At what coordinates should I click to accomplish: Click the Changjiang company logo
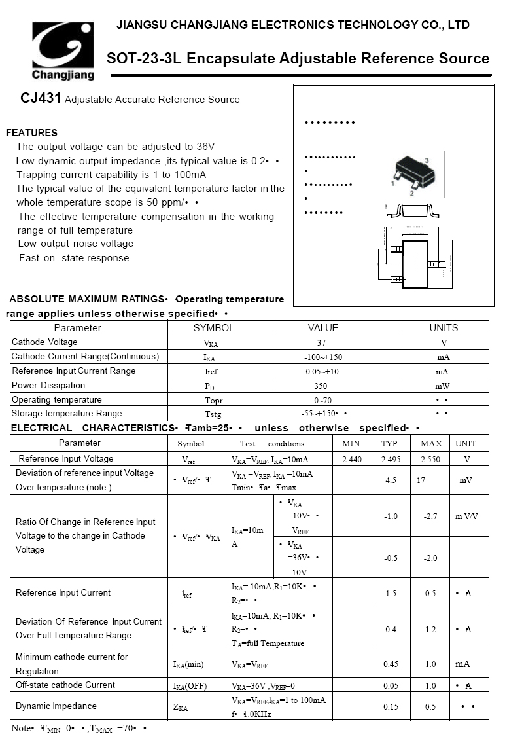(63, 50)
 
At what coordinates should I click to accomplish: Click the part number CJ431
(41, 99)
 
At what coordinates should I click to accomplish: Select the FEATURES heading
(31, 133)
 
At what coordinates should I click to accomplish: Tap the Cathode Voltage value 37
(321, 343)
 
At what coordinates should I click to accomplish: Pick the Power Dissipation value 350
(321, 386)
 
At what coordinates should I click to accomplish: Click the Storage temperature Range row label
(67, 414)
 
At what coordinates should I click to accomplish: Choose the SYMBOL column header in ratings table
(213, 328)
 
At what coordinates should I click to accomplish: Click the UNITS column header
(444, 328)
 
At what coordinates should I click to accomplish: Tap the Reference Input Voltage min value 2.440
(352, 460)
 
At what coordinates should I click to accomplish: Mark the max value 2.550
(430, 460)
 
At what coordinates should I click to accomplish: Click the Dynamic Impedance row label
(56, 706)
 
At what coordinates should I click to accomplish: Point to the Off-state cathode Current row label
(65, 685)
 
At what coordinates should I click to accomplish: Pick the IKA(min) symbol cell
(188, 664)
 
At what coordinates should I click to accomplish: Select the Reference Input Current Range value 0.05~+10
(322, 372)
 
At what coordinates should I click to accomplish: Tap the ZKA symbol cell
(181, 708)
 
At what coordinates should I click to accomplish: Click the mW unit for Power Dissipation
(444, 386)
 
